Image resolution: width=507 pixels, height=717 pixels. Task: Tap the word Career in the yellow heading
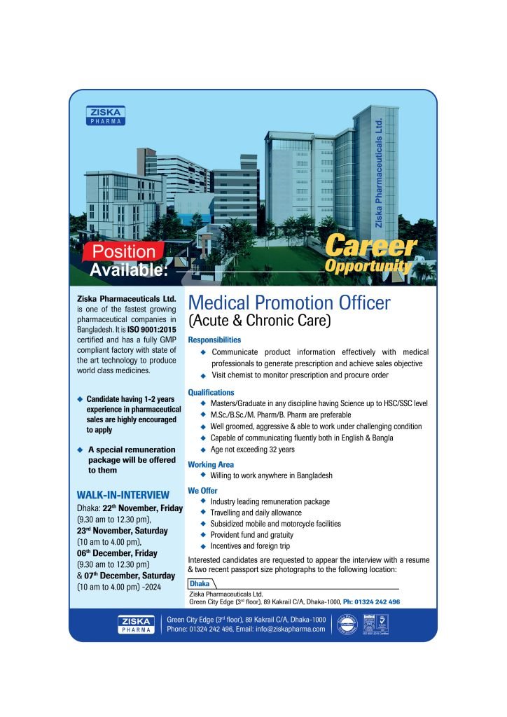(371, 246)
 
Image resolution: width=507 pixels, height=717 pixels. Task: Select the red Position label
(125, 251)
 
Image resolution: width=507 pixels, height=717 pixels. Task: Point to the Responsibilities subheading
(214, 340)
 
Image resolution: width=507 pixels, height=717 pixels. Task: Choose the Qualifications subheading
(211, 392)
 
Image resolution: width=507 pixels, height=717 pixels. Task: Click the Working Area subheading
(211, 464)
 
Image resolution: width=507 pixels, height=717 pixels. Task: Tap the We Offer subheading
(204, 490)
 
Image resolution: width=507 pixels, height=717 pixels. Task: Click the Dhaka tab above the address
(200, 583)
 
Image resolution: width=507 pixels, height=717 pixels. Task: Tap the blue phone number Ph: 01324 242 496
(371, 601)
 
